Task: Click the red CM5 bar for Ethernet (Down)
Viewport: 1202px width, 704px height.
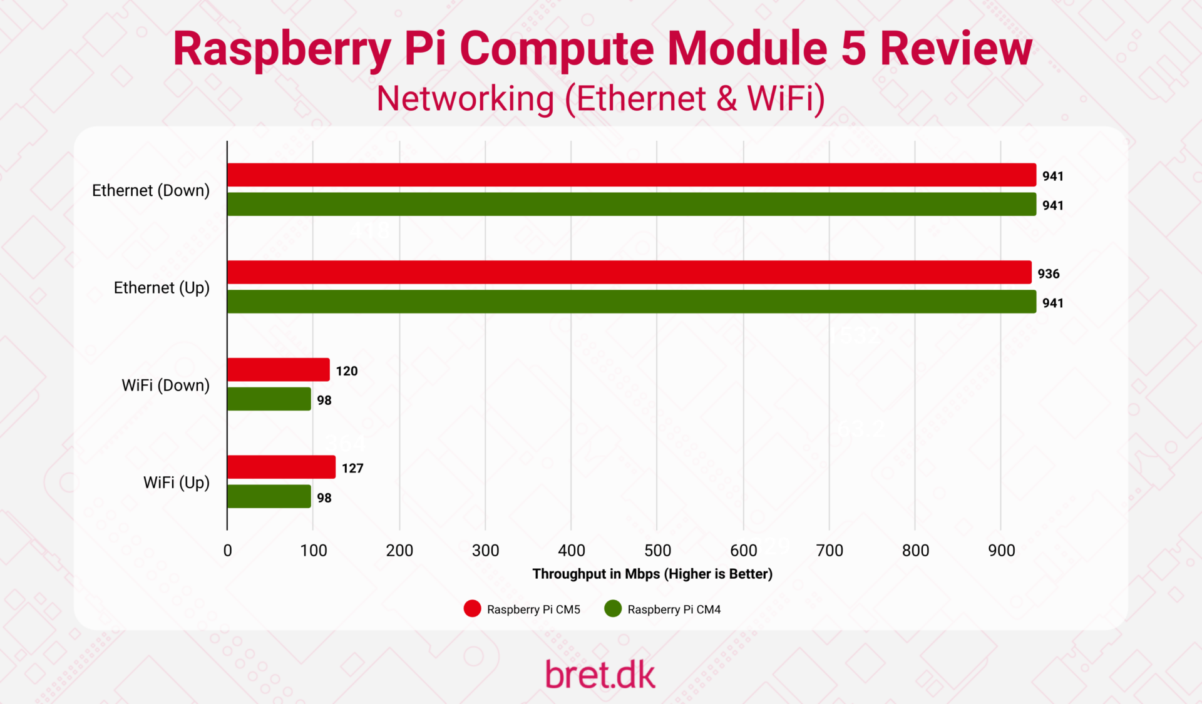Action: click(631, 175)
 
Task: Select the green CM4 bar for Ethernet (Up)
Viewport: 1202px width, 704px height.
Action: click(631, 302)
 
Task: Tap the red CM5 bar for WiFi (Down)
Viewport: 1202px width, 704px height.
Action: click(278, 370)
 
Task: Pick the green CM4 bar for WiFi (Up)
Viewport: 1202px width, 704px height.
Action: click(269, 497)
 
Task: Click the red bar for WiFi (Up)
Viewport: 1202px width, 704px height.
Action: click(281, 467)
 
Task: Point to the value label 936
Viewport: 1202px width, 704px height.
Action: click(1048, 273)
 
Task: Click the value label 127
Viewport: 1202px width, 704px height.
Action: click(352, 468)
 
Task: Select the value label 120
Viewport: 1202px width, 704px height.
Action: click(346, 371)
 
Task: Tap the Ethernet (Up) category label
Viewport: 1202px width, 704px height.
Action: click(162, 288)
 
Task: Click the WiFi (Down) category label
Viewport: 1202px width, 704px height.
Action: click(165, 385)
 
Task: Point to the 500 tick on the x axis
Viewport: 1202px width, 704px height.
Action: click(657, 551)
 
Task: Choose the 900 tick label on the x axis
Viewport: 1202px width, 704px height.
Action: click(1001, 551)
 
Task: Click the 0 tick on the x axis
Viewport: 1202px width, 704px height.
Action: click(227, 551)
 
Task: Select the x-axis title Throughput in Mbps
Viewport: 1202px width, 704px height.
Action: click(652, 574)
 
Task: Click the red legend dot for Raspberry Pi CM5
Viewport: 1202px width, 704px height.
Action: click(472, 609)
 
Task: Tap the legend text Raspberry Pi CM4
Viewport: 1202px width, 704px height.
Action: click(674, 610)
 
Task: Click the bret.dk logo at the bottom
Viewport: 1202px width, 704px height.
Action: click(600, 675)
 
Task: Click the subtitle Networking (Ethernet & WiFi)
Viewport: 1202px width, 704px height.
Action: click(600, 99)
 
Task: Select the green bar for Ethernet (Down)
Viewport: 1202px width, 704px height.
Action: click(631, 205)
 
